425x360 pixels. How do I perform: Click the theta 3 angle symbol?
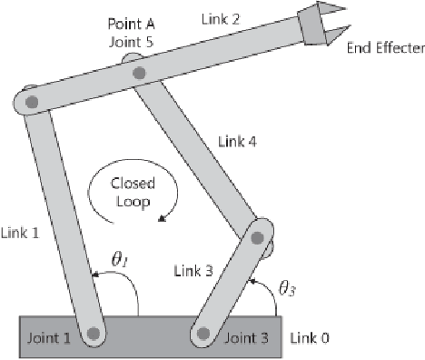pyautogui.click(x=286, y=290)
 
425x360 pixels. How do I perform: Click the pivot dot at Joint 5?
pyautogui.click(x=138, y=74)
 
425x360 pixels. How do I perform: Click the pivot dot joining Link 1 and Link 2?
pyautogui.click(x=31, y=101)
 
